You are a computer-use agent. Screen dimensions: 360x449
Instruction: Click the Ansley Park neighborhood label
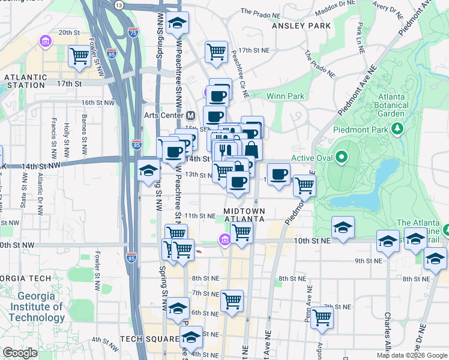tap(301, 26)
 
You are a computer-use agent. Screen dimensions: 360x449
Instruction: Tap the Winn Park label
tap(285, 96)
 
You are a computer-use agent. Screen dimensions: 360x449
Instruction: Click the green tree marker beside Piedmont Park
tap(396, 128)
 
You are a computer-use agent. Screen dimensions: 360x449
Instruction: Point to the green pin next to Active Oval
tap(342, 158)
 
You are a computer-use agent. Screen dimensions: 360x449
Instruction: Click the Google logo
tap(20, 353)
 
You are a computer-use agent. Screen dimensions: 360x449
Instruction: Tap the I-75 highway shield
tap(133, 33)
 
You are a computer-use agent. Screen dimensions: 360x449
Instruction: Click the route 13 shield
tap(119, 5)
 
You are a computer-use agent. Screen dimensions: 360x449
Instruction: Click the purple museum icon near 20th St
tap(44, 41)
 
